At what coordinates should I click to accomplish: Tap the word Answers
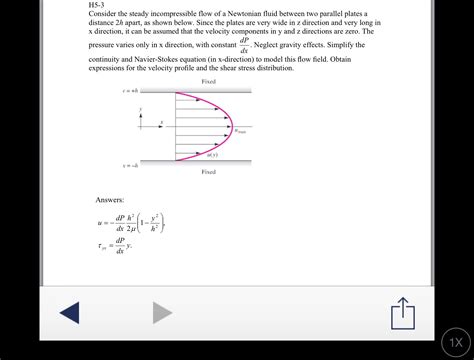click(x=110, y=200)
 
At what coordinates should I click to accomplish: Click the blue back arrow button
click(x=68, y=312)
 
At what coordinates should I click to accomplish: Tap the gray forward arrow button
click(x=162, y=312)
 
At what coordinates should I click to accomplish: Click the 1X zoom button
click(x=455, y=341)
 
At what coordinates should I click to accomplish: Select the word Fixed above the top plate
click(x=208, y=81)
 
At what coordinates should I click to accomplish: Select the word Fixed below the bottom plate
click(x=208, y=172)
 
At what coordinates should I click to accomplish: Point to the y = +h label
click(x=131, y=91)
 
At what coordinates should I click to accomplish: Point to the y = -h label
click(x=131, y=164)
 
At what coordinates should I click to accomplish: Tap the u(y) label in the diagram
click(x=212, y=154)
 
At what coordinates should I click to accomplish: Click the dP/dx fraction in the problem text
click(x=244, y=45)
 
